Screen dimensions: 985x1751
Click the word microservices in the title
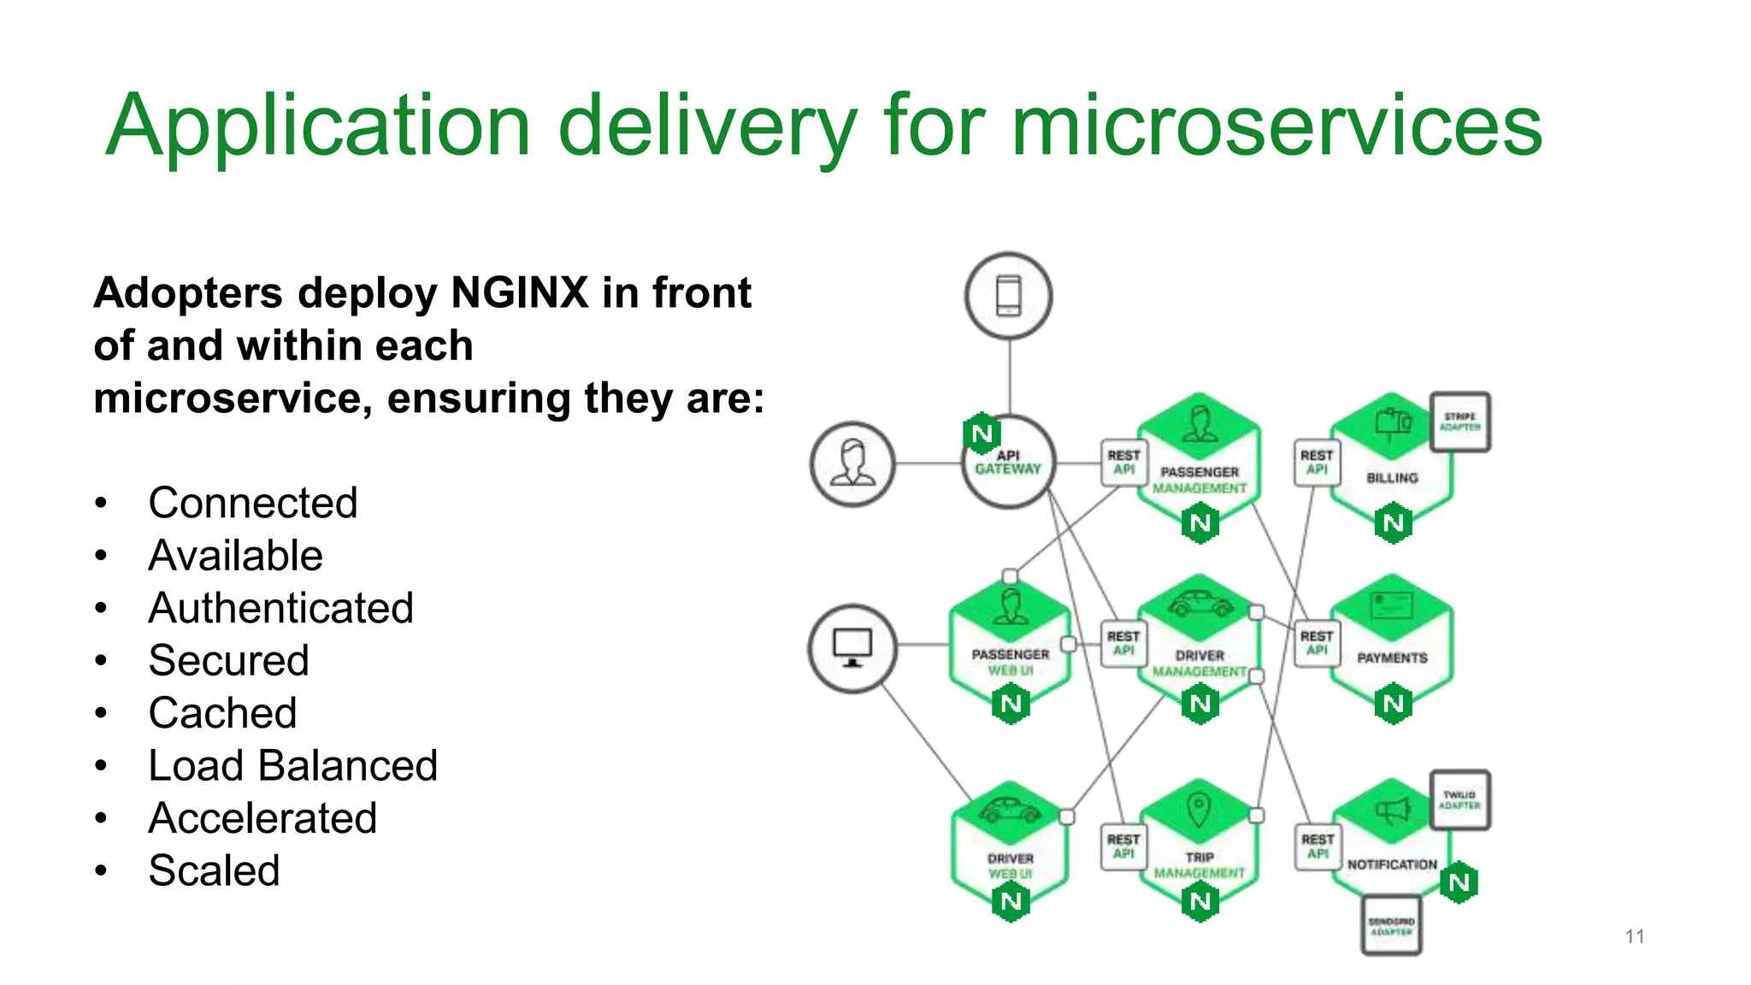pos(1276,127)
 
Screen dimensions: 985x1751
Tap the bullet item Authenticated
pos(280,608)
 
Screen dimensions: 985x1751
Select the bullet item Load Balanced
pos(292,765)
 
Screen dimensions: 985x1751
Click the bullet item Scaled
pos(214,870)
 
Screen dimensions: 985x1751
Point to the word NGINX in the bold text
pos(520,293)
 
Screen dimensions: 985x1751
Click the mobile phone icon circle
pos(1009,296)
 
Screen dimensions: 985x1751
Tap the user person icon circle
pos(852,464)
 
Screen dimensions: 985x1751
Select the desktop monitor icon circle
pos(852,648)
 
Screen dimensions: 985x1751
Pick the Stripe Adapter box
pos(1460,422)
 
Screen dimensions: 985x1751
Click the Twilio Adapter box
pos(1460,799)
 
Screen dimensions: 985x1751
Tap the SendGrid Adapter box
pos(1391,926)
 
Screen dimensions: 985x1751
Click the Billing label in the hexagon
pos(1392,478)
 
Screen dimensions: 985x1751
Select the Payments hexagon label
pos(1392,658)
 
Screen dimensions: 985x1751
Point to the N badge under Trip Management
pos(1200,901)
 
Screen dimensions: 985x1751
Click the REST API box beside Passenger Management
pos(1123,463)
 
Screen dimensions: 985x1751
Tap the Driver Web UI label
pos(1010,865)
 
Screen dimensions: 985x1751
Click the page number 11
pos(1635,936)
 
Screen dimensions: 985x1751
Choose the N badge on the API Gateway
pos(982,434)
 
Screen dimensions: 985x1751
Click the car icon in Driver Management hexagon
pos(1199,604)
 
